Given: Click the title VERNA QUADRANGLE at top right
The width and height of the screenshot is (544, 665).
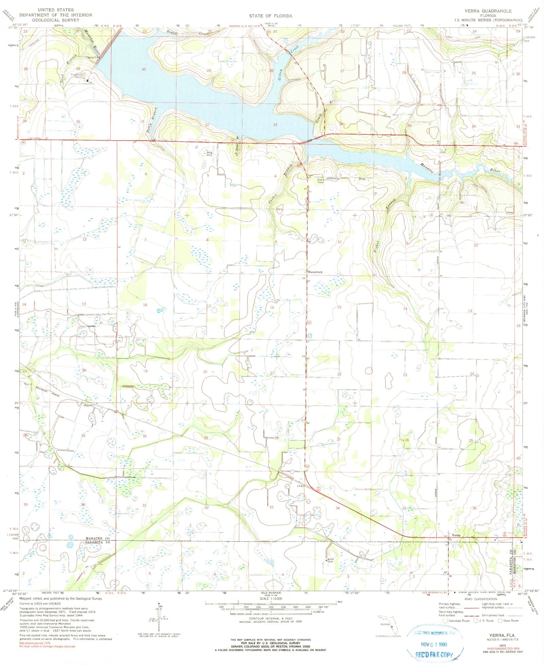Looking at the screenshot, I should (x=489, y=11).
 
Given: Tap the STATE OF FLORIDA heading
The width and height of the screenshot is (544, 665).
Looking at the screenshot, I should (x=270, y=16).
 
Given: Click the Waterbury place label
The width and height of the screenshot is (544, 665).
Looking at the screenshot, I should (x=315, y=272).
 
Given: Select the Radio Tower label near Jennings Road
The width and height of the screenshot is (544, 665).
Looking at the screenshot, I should (x=321, y=181).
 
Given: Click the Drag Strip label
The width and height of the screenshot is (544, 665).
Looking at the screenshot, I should (x=209, y=154).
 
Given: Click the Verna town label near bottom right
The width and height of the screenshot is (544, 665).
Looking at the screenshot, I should (x=456, y=535).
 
